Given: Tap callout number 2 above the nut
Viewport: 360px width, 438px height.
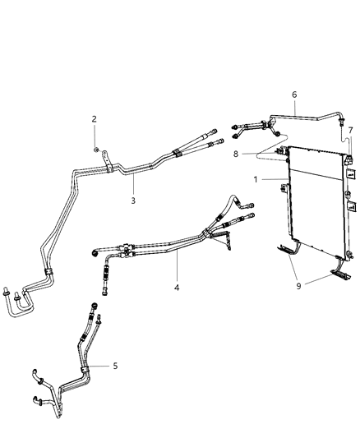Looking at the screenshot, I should pyautogui.click(x=95, y=119).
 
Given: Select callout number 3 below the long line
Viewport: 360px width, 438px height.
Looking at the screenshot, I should pyautogui.click(x=134, y=199).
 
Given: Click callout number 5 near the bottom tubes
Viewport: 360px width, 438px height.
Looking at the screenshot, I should pyautogui.click(x=114, y=366).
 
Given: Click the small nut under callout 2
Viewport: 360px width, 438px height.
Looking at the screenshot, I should pyautogui.click(x=97, y=148).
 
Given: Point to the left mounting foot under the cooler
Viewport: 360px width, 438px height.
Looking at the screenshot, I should pyautogui.click(x=287, y=247).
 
